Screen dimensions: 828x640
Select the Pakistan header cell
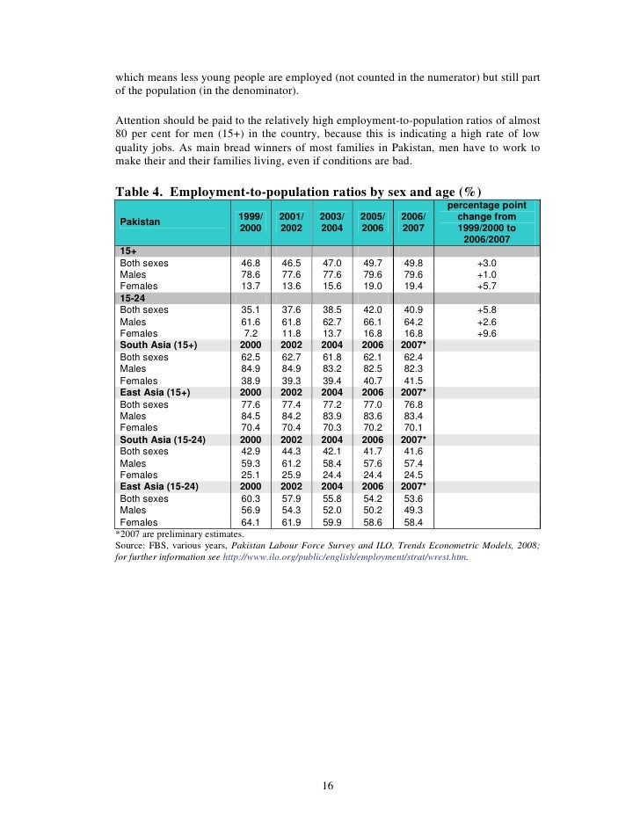coord(140,222)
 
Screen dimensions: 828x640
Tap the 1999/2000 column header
coord(250,222)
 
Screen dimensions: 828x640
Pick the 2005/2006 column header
coord(373,222)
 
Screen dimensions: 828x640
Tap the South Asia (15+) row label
coord(158,345)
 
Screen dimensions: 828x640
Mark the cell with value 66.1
coord(373,322)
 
